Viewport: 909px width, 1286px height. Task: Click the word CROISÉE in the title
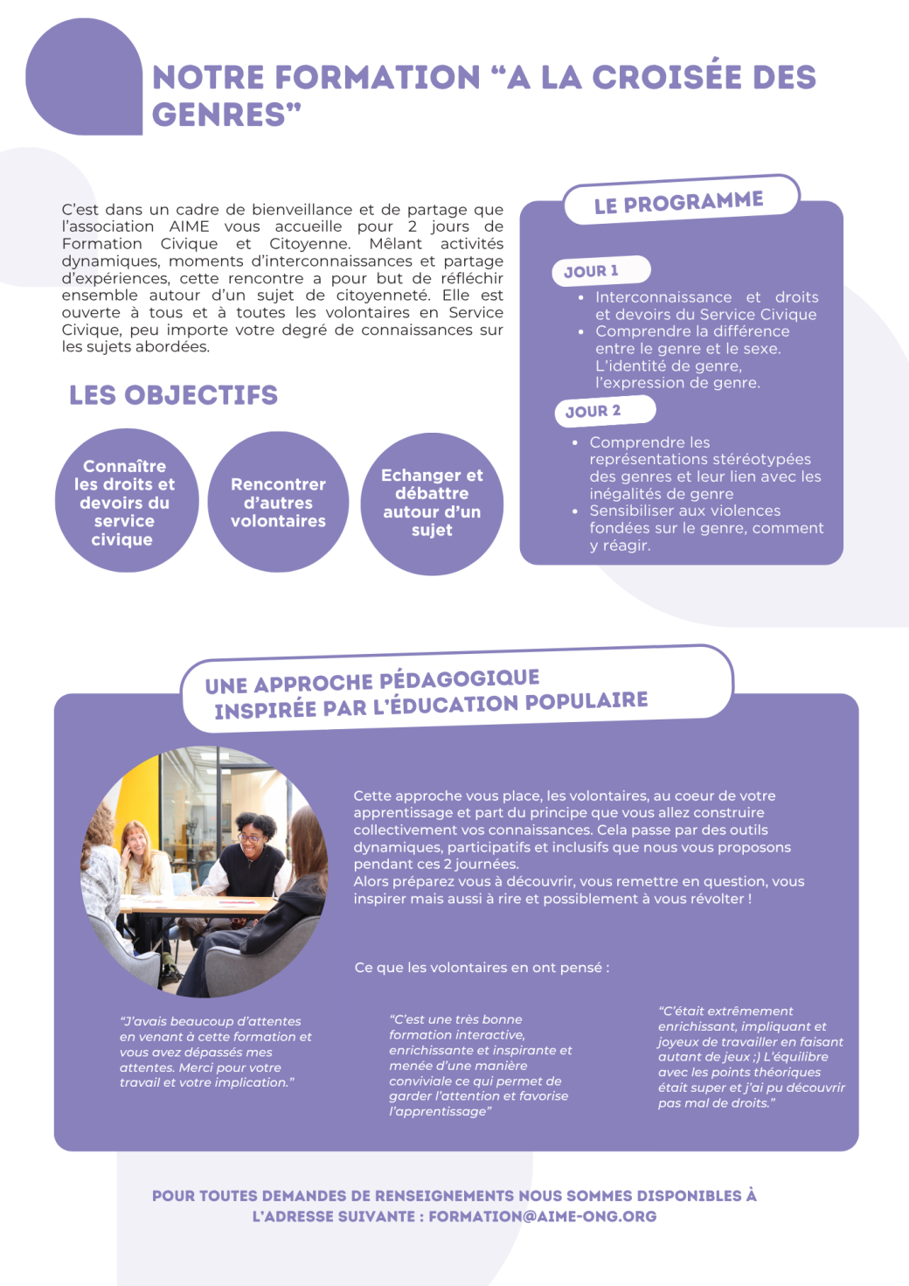click(x=668, y=77)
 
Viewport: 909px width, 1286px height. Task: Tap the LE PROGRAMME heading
click(x=678, y=202)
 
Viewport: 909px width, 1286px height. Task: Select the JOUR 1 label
click(x=592, y=271)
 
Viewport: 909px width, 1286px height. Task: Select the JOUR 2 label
click(x=593, y=411)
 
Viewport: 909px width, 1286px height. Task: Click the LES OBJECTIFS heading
click(x=173, y=395)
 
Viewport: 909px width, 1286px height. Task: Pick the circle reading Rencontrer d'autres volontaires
click(x=278, y=503)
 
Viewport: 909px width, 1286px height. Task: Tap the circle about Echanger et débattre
click(x=432, y=503)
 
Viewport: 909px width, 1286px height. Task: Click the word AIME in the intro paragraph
click(x=189, y=226)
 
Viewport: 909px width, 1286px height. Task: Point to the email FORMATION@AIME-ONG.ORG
click(x=542, y=1216)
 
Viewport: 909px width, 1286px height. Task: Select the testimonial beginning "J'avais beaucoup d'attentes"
click(x=215, y=1052)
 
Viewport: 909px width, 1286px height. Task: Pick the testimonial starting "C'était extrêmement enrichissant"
click(x=751, y=1057)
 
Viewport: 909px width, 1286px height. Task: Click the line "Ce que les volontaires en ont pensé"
click(x=482, y=968)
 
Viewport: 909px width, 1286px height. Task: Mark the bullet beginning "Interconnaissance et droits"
click(x=706, y=305)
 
